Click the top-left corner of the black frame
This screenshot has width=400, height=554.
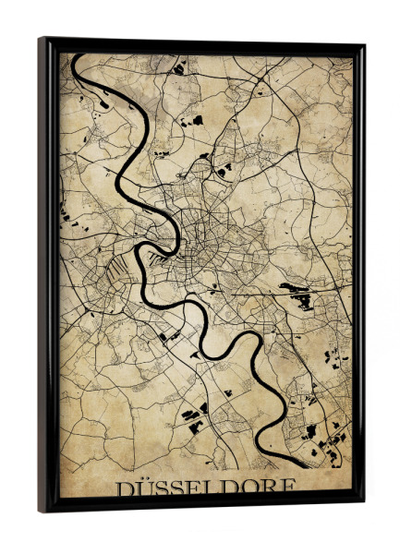(x=40, y=38)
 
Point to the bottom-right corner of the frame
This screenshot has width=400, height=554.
(x=363, y=506)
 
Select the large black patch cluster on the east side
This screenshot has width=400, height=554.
(x=300, y=295)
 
